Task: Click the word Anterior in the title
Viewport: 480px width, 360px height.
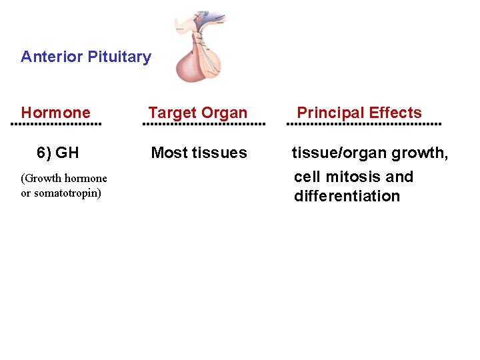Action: click(47, 57)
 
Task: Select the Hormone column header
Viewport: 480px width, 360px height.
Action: click(55, 113)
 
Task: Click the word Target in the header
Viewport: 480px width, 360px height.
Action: click(169, 113)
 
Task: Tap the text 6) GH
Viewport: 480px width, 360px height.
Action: click(58, 153)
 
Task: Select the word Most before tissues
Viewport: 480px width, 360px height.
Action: click(169, 153)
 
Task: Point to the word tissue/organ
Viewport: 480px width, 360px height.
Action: click(339, 153)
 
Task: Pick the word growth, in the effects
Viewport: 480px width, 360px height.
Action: click(420, 153)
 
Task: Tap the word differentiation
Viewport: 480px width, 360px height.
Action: click(347, 196)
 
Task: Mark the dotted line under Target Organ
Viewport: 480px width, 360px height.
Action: click(205, 124)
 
